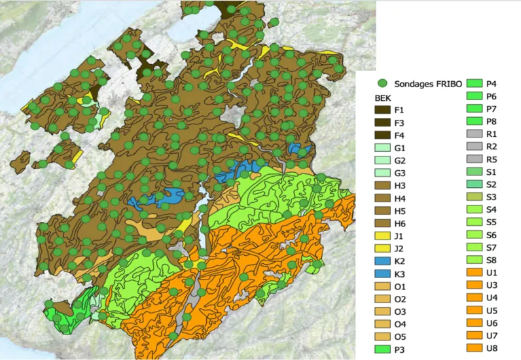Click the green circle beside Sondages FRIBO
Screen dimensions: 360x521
(x=383, y=84)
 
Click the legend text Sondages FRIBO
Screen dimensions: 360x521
(x=426, y=84)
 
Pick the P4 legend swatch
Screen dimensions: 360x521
(x=473, y=84)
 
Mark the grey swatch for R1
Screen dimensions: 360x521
(x=473, y=134)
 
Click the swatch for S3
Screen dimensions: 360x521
(x=473, y=196)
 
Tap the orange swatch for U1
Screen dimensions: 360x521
(x=473, y=272)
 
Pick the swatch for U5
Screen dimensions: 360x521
(x=473, y=310)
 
